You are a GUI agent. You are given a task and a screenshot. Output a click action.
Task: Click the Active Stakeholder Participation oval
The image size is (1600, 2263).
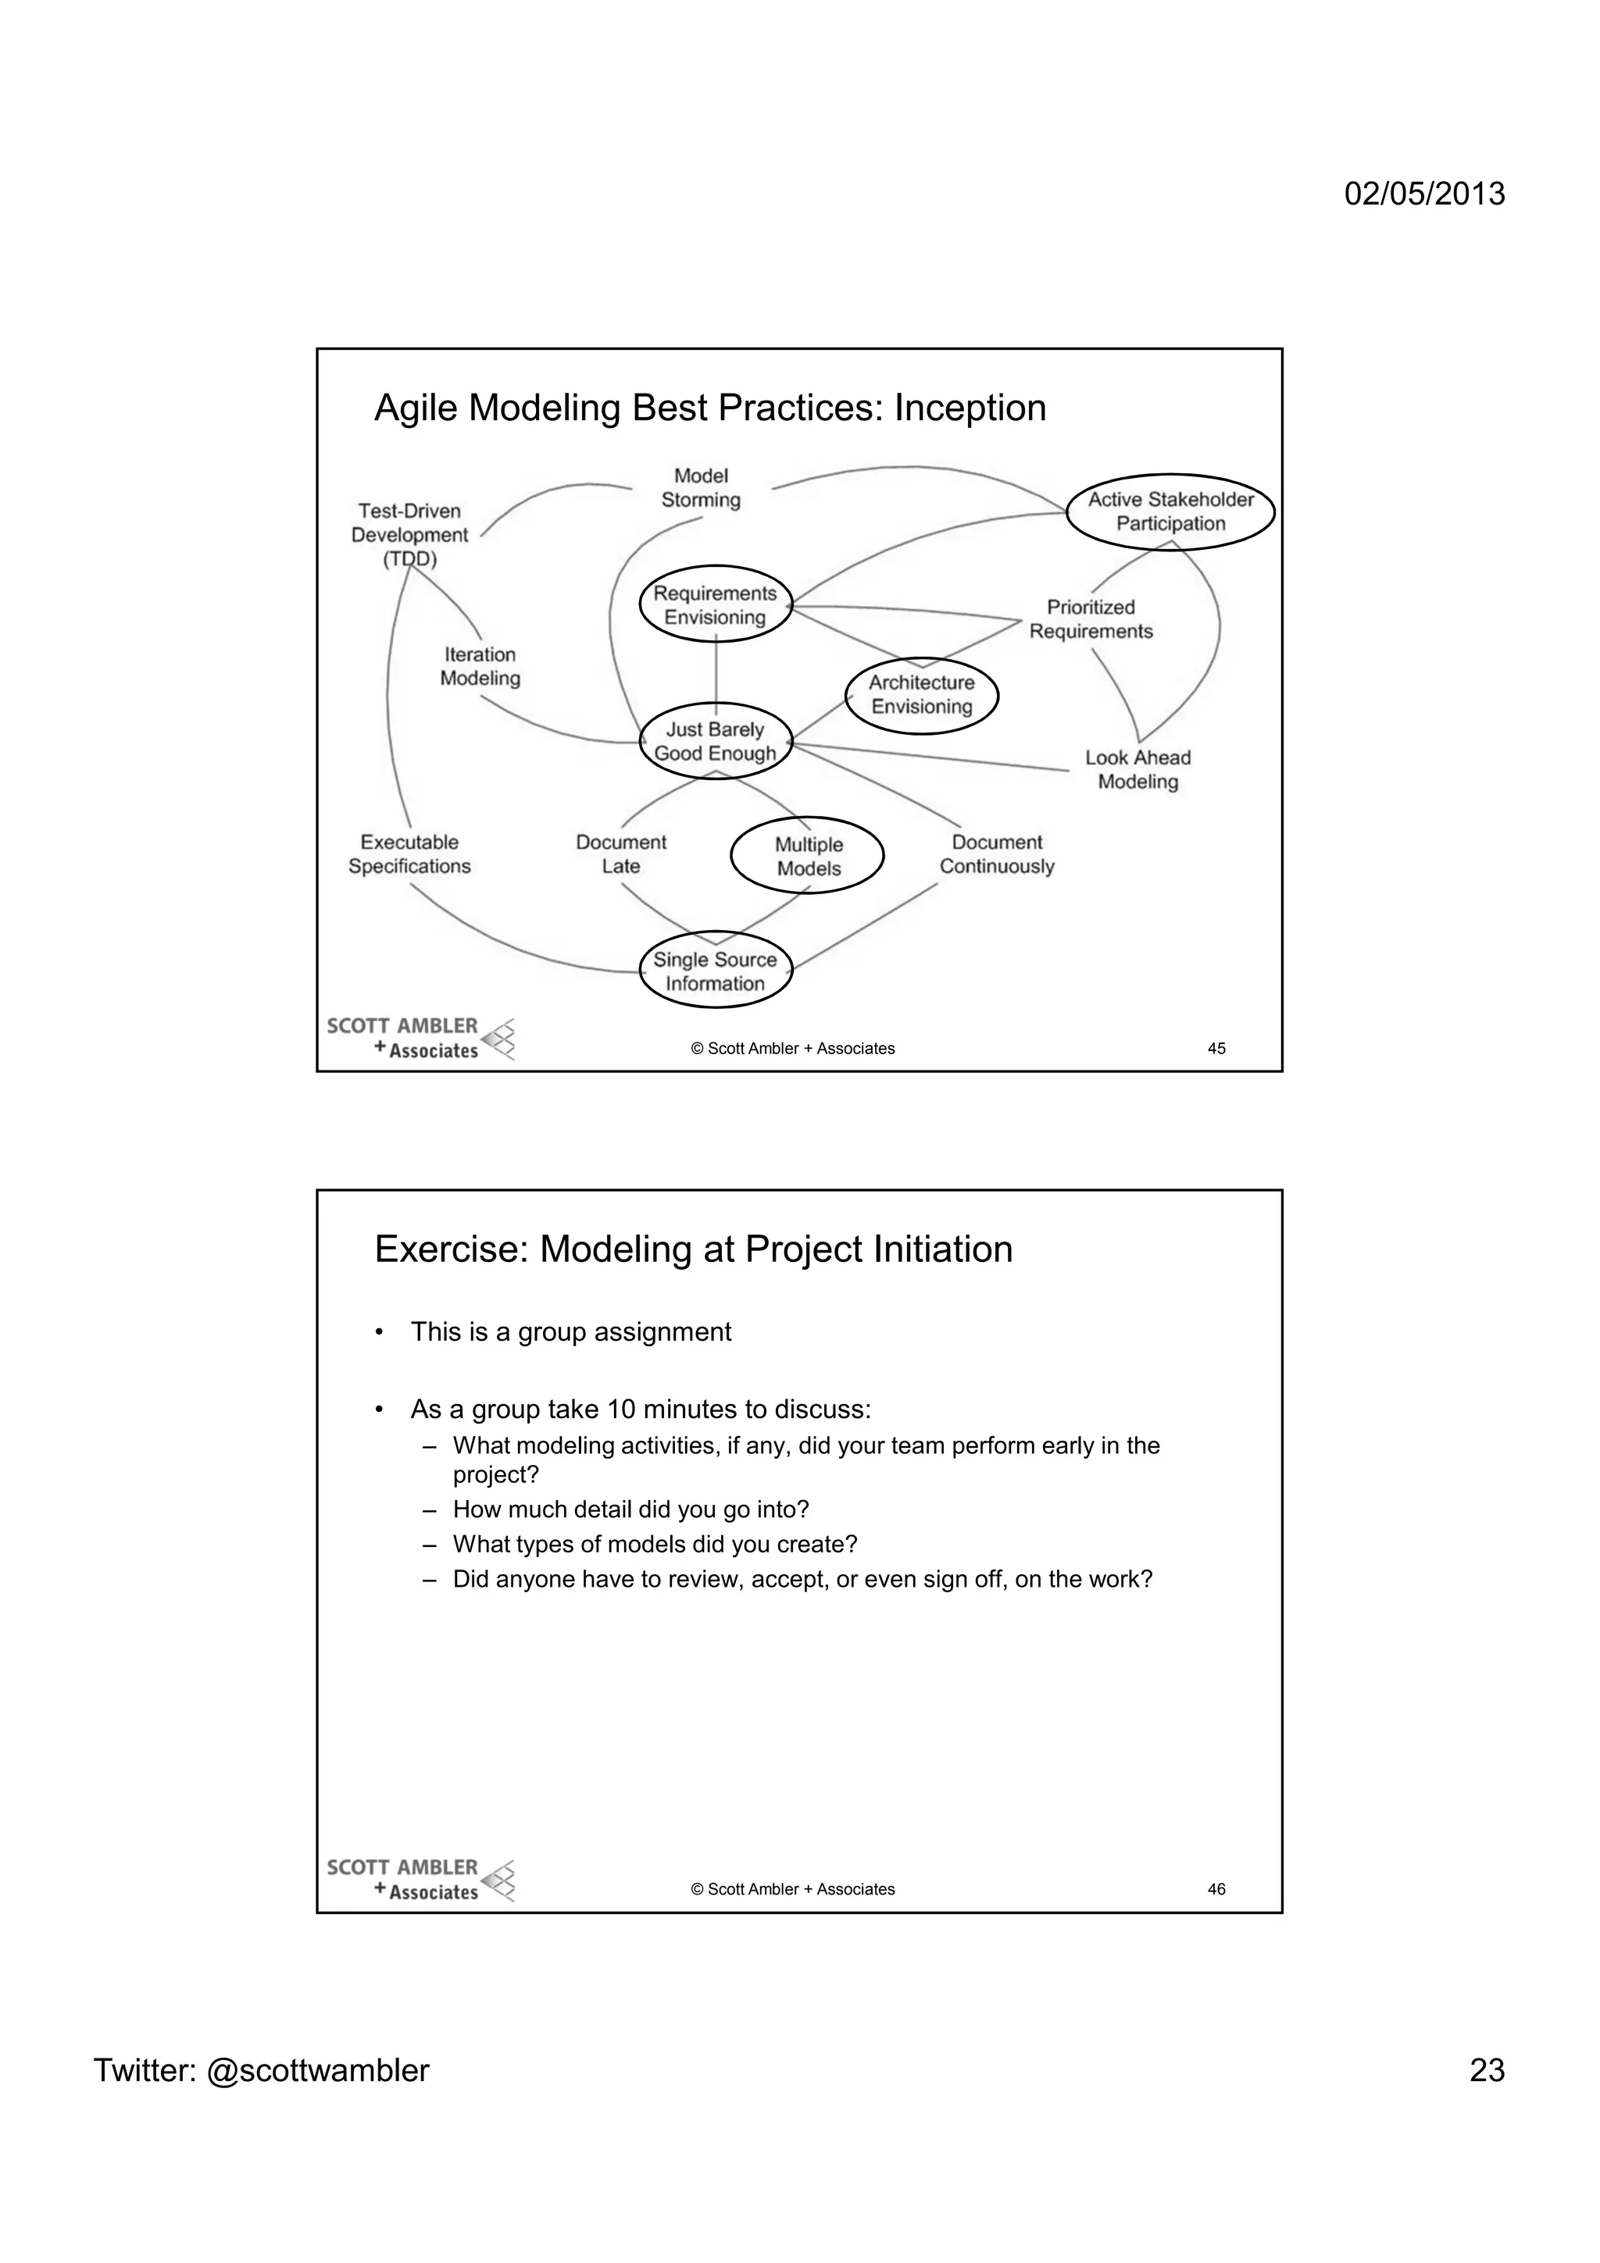pos(1170,511)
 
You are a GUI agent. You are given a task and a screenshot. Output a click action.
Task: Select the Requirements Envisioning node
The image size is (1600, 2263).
pos(716,604)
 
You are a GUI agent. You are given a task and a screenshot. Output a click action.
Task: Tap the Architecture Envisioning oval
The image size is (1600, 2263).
pos(922,695)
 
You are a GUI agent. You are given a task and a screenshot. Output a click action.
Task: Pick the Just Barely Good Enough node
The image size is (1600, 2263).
pos(716,741)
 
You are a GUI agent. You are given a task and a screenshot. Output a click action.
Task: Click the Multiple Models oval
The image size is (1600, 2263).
pos(807,856)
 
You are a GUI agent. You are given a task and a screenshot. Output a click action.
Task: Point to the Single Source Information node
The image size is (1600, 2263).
pos(716,971)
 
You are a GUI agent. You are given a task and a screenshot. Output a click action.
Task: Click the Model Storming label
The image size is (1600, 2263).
pos(701,488)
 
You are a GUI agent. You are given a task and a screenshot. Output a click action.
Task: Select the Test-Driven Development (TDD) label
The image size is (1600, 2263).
pos(410,534)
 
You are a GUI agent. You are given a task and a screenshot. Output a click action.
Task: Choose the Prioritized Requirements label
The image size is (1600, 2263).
pos(1091,619)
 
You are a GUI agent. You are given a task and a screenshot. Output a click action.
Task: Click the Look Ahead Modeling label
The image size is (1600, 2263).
pos(1137,770)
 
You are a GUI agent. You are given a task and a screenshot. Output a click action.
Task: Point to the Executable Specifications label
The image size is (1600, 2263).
pos(409,854)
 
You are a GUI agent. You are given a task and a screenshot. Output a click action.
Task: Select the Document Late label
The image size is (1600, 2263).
pos(621,854)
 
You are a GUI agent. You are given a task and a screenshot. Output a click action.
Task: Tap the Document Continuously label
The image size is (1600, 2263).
pos(997,854)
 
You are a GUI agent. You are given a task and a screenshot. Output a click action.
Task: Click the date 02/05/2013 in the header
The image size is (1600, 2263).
pos(1424,193)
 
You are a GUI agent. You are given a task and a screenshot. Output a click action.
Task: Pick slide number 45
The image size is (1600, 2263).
pos(1216,1049)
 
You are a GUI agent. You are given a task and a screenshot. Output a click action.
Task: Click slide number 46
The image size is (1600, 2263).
pos(1216,1890)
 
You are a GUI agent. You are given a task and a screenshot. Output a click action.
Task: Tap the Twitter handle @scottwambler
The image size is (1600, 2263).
pos(317,2071)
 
